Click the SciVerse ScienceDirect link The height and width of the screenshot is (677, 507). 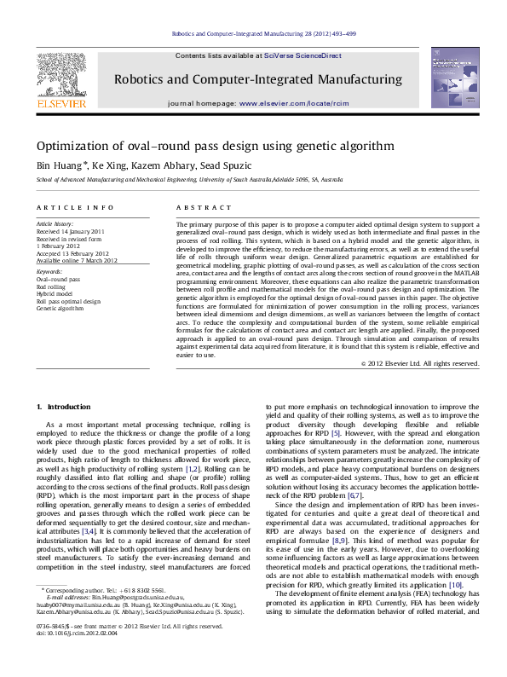(x=302, y=55)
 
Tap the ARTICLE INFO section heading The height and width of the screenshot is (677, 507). (x=75, y=208)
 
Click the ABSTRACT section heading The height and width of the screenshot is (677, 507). (x=198, y=208)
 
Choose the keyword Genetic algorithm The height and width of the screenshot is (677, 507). (x=60, y=308)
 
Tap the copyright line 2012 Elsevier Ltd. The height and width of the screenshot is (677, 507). (x=421, y=363)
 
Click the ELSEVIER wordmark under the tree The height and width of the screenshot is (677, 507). (x=60, y=103)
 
